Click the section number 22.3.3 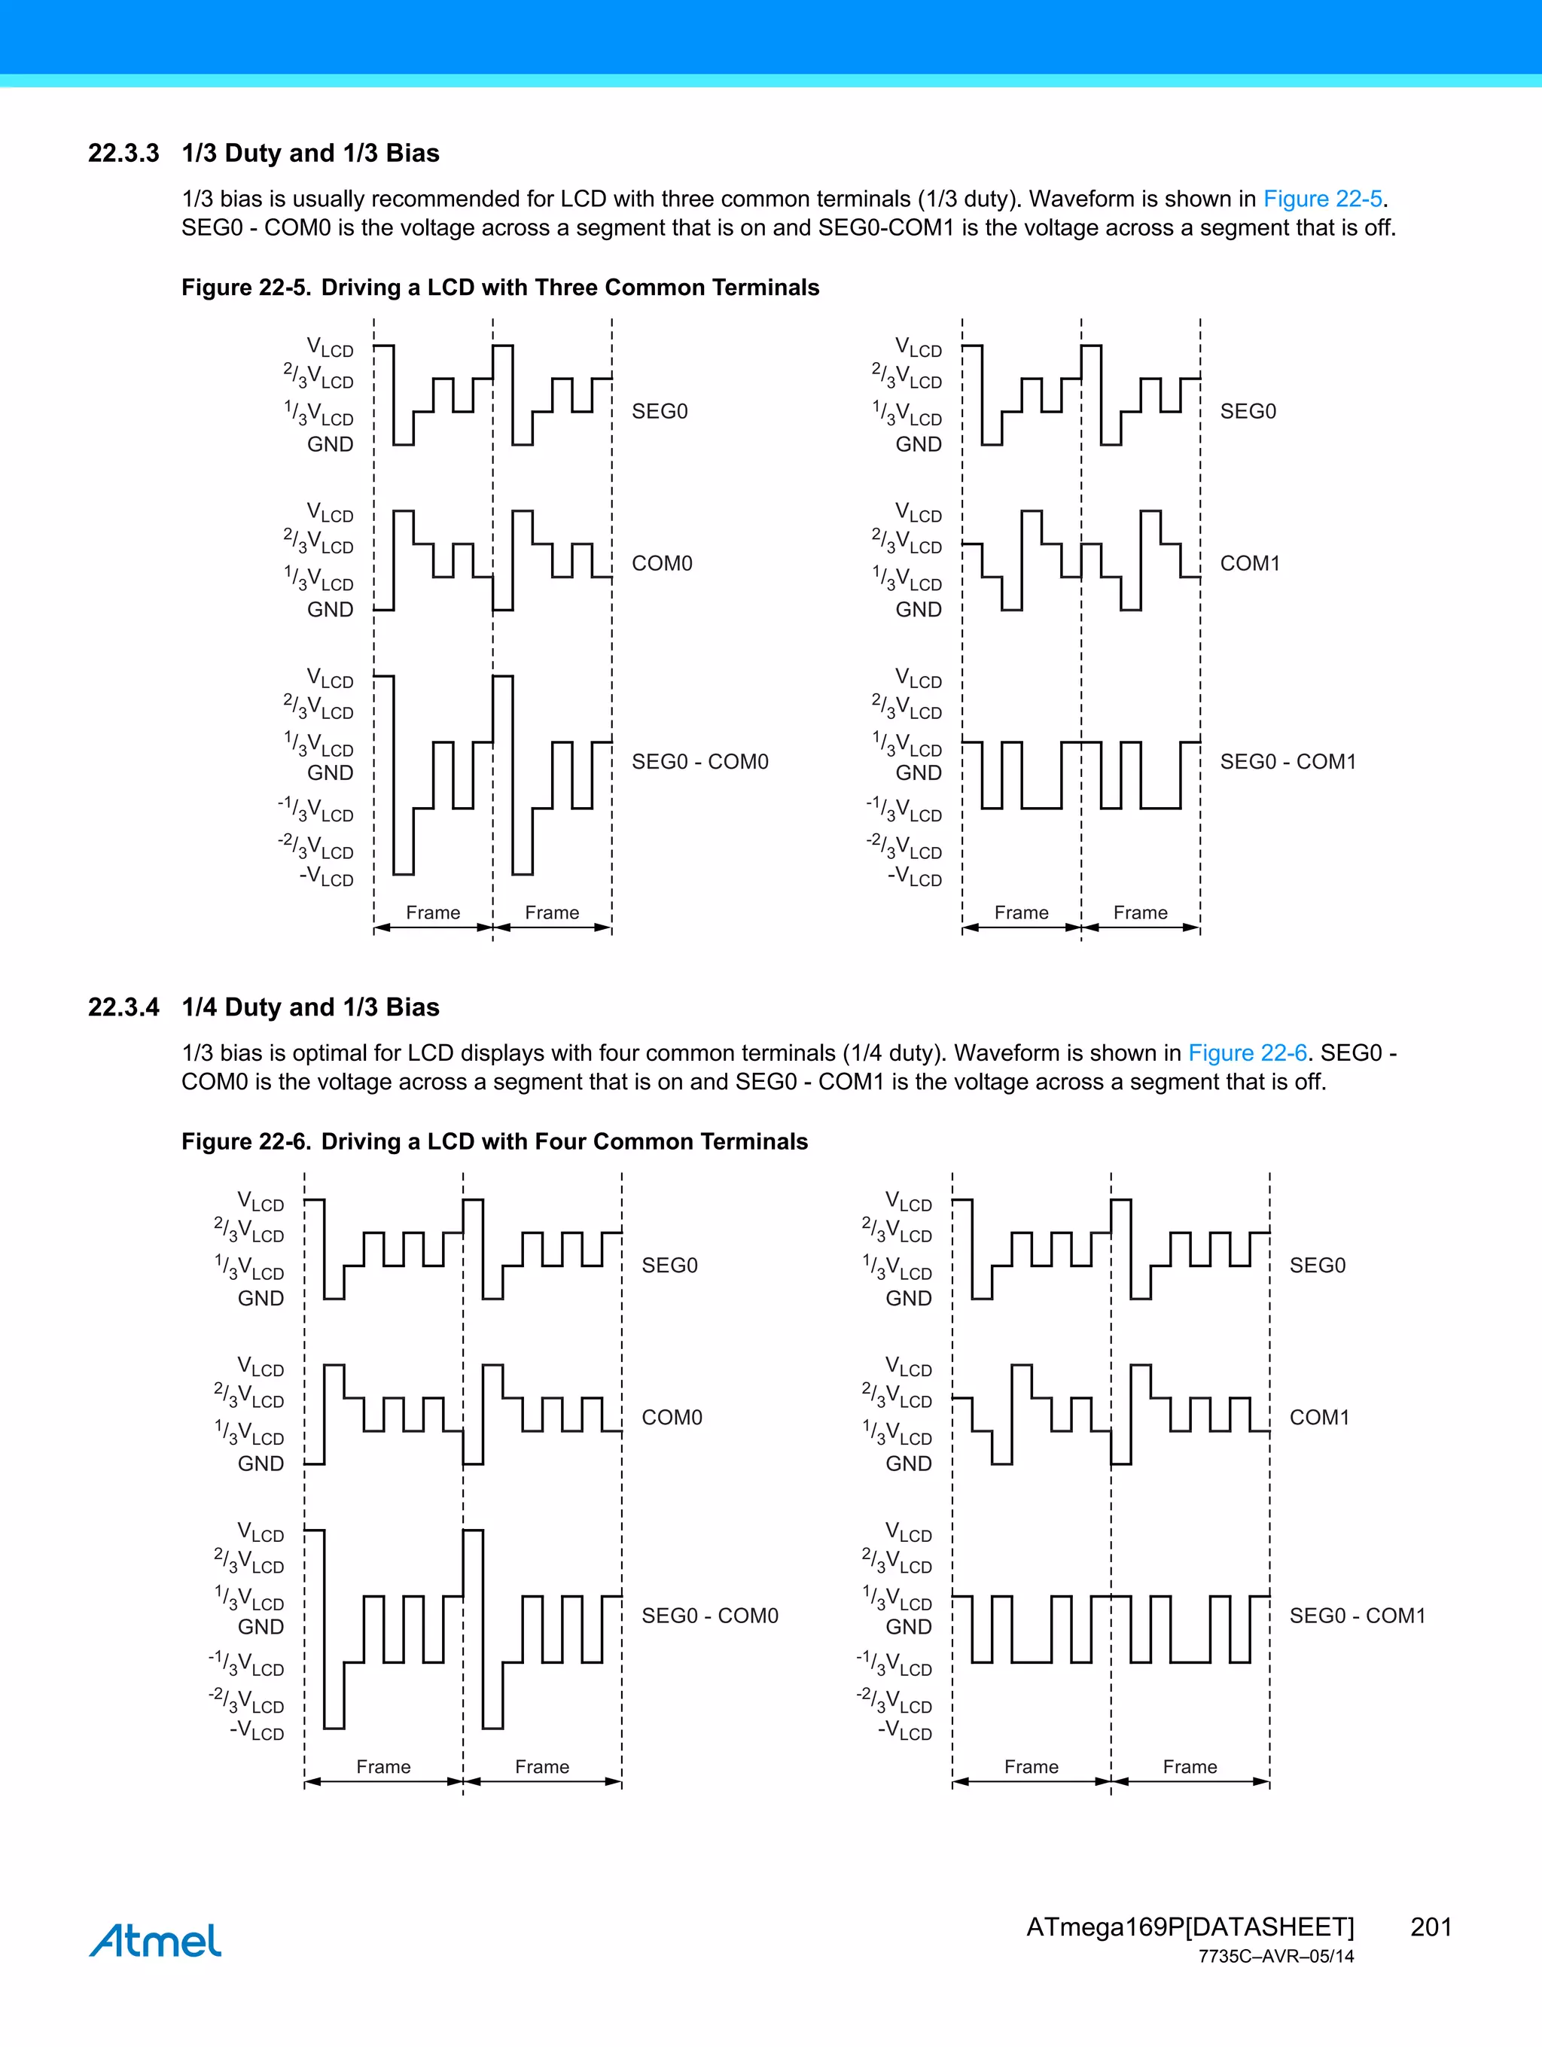pyautogui.click(x=123, y=153)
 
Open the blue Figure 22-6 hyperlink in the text pyautogui.click(x=1247, y=1053)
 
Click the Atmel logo pyautogui.click(x=156, y=1941)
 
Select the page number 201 pyautogui.click(x=1430, y=1927)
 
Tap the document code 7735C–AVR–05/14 pyautogui.click(x=1275, y=1957)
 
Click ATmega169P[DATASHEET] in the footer pyautogui.click(x=1190, y=1927)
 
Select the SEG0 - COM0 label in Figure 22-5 pyautogui.click(x=699, y=762)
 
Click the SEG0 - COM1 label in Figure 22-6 pyautogui.click(x=1357, y=1616)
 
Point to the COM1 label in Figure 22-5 pyautogui.click(x=1250, y=564)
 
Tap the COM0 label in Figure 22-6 pyautogui.click(x=672, y=1418)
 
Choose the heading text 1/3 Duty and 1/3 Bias pyautogui.click(x=310, y=153)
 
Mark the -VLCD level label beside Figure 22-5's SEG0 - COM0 pyautogui.click(x=327, y=876)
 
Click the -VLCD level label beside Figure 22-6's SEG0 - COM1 pyautogui.click(x=905, y=1731)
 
